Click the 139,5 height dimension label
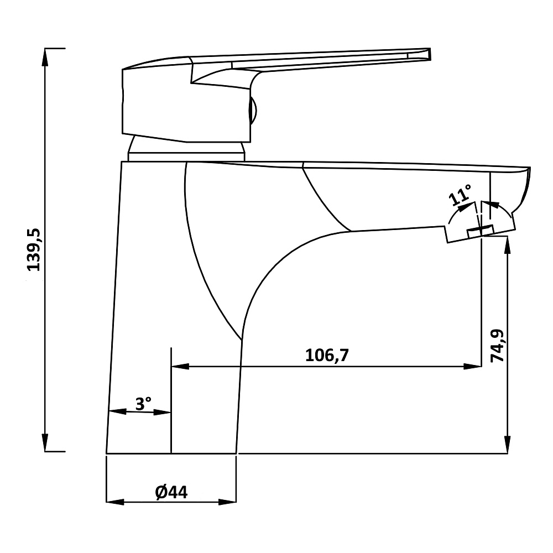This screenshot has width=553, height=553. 34,250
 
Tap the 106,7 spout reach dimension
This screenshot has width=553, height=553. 327,355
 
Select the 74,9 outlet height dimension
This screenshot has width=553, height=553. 498,346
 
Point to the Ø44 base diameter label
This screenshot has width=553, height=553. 171,492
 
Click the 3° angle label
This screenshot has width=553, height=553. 144,404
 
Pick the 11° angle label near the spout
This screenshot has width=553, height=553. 460,195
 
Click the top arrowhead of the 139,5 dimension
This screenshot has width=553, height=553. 45,57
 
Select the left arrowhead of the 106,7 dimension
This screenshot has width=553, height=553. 180,367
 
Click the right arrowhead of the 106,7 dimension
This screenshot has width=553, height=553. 473,367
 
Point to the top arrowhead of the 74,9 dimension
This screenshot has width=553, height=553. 508,246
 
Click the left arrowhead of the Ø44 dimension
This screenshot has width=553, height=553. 115,502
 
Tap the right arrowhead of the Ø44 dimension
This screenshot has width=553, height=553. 227,502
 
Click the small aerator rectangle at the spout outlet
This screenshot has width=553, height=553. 480,231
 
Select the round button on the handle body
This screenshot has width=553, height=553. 253,111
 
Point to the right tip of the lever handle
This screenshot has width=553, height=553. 430,54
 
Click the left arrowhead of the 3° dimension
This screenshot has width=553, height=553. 117,411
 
